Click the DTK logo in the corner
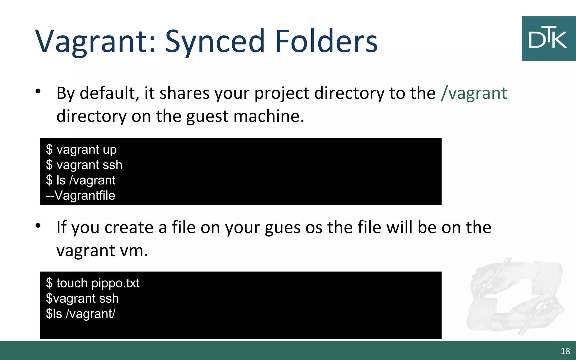[548, 39]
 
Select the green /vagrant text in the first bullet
[474, 93]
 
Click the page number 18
[565, 351]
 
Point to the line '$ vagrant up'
[81, 150]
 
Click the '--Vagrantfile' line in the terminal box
[81, 195]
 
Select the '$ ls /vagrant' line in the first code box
[81, 180]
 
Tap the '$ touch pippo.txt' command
[93, 283]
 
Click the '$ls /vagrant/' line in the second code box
[81, 314]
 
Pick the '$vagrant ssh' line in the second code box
[82, 298]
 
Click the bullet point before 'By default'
[38, 91]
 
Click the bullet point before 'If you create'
[38, 226]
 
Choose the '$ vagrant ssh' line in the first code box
[84, 165]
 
